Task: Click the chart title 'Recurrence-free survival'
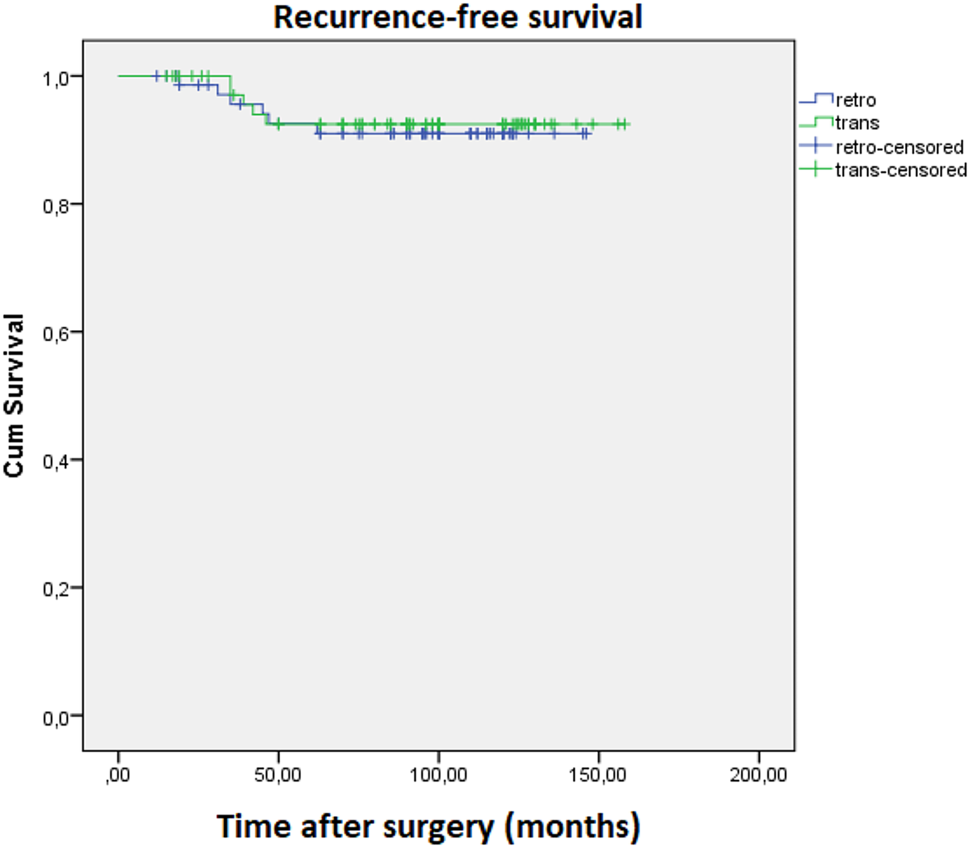point(458,17)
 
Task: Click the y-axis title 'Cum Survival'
point(14,395)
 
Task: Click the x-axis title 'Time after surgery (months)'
point(428,826)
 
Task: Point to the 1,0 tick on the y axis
point(55,78)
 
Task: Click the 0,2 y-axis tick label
point(55,589)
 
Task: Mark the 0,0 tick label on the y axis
point(55,718)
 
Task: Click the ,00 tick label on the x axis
point(118,775)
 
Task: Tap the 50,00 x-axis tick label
point(278,775)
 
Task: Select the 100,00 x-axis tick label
point(438,775)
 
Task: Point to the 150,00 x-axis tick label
point(598,775)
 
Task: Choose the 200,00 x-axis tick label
point(758,775)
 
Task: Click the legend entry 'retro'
point(855,100)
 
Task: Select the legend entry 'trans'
point(857,122)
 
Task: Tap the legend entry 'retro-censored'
point(899,147)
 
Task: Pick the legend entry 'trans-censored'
point(901,170)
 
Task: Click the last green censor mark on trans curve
point(626,124)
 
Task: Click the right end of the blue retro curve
point(591,134)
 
